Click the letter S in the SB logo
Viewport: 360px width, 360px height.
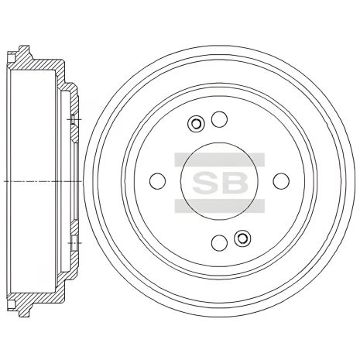pyautogui.click(x=205, y=182)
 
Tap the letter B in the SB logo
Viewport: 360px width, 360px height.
pyautogui.click(x=234, y=182)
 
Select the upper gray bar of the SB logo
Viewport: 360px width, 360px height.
pyautogui.click(x=219, y=159)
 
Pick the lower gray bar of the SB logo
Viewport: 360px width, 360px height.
pyautogui.click(x=219, y=206)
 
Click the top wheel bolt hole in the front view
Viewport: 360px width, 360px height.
pyautogui.click(x=219, y=119)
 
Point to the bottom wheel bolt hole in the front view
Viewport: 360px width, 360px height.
pyautogui.click(x=219, y=242)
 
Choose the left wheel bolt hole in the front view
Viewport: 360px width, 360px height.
pyautogui.click(x=157, y=180)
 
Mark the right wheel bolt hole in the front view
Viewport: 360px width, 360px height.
pyautogui.click(x=281, y=180)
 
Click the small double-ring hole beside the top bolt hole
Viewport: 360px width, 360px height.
pyautogui.click(x=196, y=123)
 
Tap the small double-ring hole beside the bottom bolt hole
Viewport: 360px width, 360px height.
pyautogui.click(x=242, y=238)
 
